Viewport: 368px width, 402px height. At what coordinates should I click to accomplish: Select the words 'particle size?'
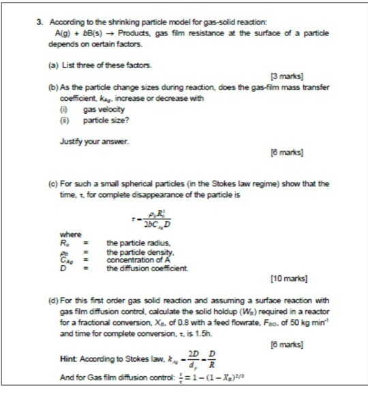click(x=105, y=120)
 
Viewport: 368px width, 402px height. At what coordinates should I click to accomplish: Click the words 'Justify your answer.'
click(x=85, y=142)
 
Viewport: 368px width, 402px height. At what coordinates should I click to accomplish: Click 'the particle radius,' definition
click(x=140, y=243)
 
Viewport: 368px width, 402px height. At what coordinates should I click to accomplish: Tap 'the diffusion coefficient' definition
click(x=147, y=268)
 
